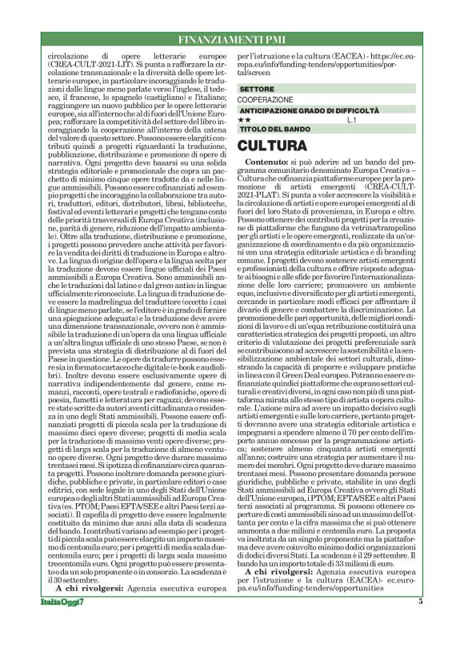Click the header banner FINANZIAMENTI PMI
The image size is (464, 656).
231,40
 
